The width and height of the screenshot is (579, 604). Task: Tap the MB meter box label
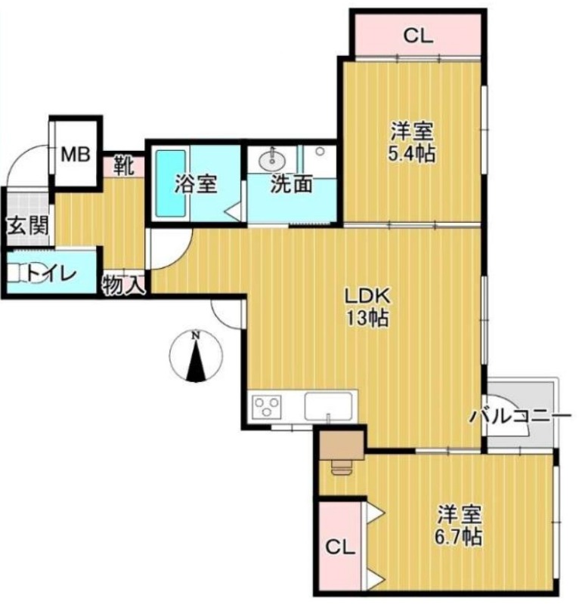pos(76,156)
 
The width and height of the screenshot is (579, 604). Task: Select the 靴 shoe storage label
pos(124,164)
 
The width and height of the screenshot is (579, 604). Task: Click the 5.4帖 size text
pos(412,154)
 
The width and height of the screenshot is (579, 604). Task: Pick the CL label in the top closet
pos(417,35)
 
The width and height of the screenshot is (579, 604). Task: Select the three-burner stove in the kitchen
pos(267,408)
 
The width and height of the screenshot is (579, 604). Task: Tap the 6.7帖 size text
pos(459,538)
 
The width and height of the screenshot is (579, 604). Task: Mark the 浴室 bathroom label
pos(197,183)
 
